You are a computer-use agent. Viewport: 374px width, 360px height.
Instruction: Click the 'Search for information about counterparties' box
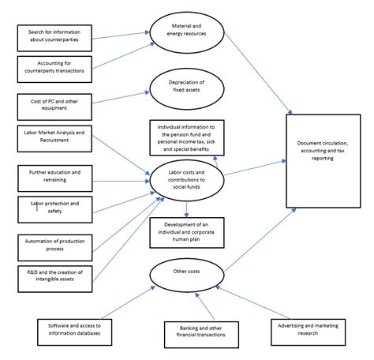click(x=55, y=36)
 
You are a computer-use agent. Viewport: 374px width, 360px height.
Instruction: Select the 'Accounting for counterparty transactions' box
click(x=55, y=66)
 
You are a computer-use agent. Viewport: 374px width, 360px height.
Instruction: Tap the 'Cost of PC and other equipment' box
click(x=55, y=103)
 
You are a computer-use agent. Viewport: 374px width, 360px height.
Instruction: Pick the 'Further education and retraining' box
click(x=54, y=175)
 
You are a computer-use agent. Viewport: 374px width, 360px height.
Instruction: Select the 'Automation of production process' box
click(x=54, y=245)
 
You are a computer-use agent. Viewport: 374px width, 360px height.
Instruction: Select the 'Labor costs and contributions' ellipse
click(x=186, y=180)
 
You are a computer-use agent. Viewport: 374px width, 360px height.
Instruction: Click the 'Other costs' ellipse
click(x=186, y=272)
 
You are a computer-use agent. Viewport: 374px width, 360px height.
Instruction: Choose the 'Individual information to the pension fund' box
click(x=187, y=137)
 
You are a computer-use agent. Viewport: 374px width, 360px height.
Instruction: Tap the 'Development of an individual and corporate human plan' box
click(x=187, y=232)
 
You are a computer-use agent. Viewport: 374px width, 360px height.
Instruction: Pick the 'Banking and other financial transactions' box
click(x=201, y=333)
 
